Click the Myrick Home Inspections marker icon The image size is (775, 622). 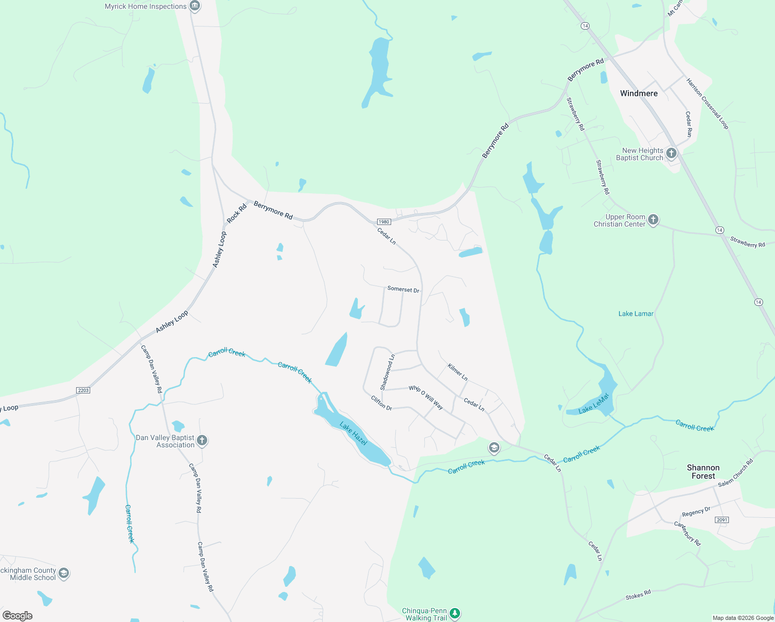point(195,6)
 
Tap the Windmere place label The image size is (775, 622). point(639,93)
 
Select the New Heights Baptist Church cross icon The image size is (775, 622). point(671,153)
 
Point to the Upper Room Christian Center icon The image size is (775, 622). point(653,220)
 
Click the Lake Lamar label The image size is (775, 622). point(636,314)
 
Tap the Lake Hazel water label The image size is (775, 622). point(353,433)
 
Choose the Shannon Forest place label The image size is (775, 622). point(703,472)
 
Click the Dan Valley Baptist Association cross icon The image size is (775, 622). point(202,441)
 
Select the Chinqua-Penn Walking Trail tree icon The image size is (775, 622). point(455,614)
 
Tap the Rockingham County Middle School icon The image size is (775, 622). point(64,573)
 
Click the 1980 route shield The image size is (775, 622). point(383,222)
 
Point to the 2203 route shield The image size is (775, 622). point(83,390)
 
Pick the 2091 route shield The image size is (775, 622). point(722,520)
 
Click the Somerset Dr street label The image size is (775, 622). point(403,289)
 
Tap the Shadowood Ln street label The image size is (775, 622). point(387,372)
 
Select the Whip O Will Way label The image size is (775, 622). point(426,398)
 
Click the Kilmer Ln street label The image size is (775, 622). point(457,372)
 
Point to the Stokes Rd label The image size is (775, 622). point(638,595)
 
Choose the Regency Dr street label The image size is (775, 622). point(696,512)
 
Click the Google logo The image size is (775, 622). point(18,615)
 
